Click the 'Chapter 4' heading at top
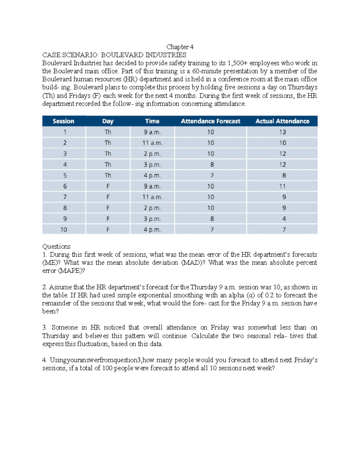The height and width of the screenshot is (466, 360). point(180,47)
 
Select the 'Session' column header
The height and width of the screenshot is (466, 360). point(63,121)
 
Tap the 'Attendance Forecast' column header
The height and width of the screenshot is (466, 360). point(210,121)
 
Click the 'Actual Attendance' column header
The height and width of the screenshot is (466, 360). point(282,121)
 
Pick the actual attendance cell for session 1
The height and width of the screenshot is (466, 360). point(282,132)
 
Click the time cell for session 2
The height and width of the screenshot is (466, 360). point(152,143)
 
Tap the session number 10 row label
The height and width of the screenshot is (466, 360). point(64,230)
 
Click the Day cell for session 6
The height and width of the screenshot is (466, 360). point(108,186)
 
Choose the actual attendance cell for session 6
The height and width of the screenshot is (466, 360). point(282,186)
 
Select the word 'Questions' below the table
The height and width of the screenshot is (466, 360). point(56,246)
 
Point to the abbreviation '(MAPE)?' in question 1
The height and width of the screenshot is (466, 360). point(72,271)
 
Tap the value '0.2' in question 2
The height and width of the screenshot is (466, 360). point(269,295)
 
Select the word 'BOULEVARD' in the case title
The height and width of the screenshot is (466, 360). point(122,55)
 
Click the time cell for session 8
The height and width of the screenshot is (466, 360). point(152,208)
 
